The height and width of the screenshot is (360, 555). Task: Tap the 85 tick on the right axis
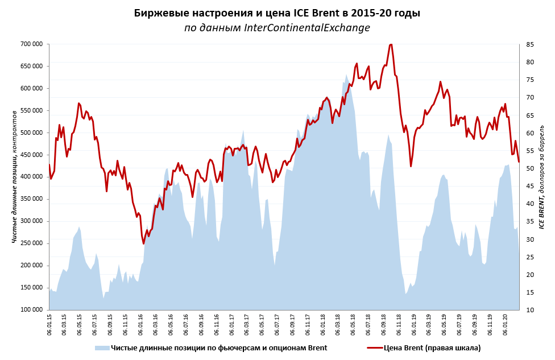531,44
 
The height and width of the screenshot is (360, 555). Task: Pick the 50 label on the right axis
531,168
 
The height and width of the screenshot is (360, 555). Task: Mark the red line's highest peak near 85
391,44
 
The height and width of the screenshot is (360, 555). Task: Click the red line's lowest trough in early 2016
144,243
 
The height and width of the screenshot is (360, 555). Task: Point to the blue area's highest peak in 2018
346,75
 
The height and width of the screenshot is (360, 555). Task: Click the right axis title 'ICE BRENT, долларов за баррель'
542,176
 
